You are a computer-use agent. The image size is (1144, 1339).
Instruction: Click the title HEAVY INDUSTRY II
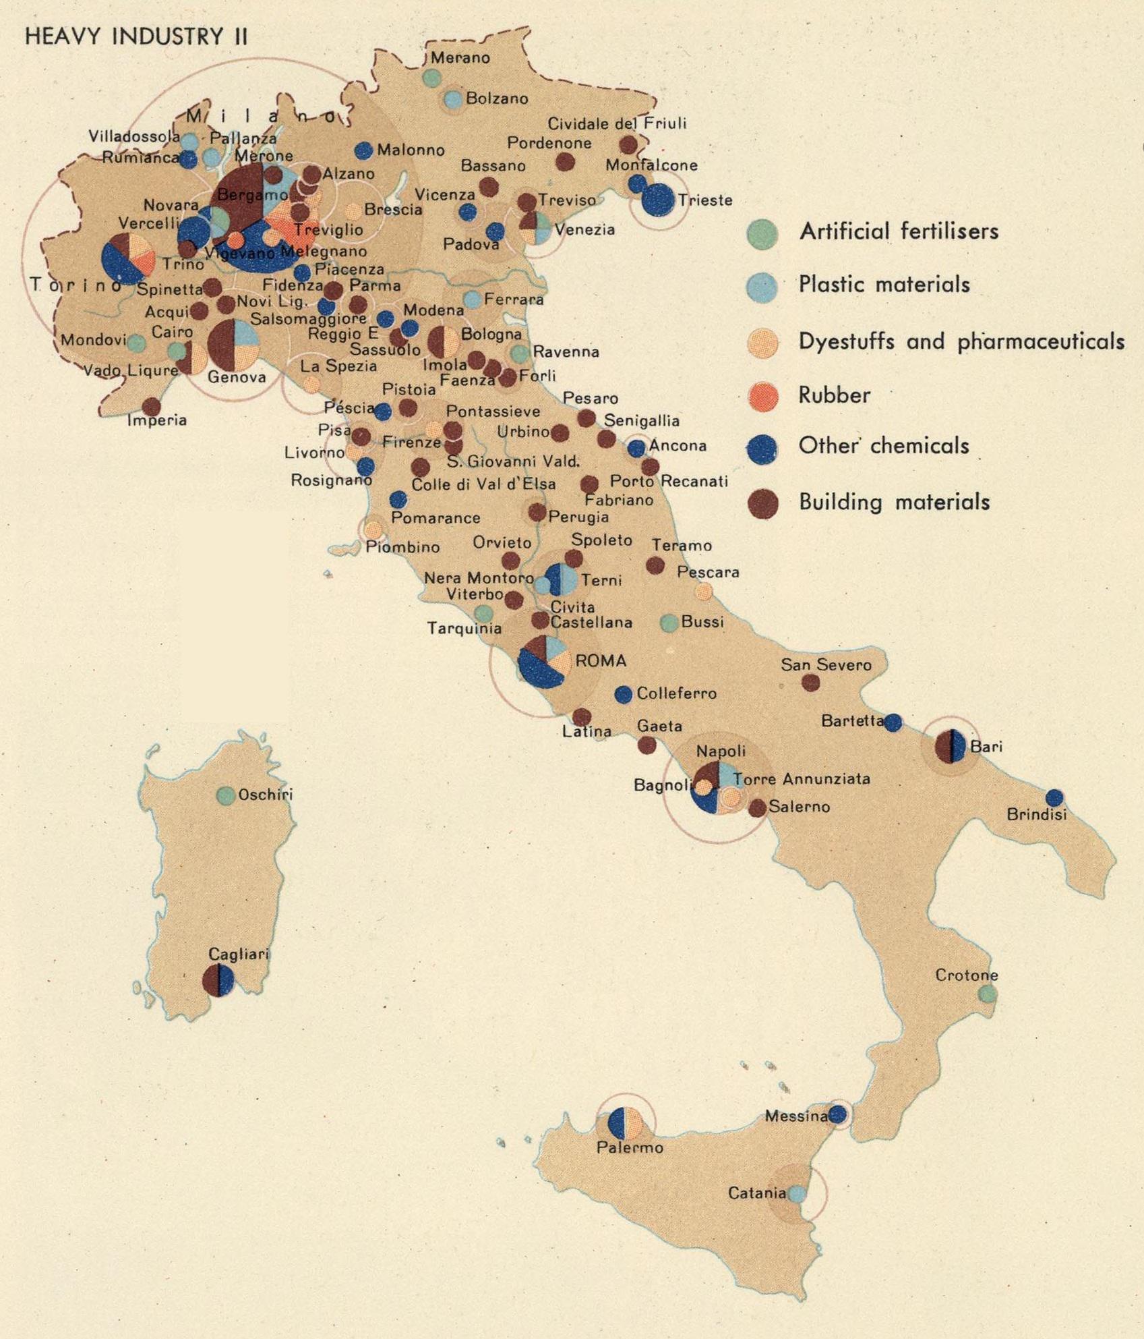136,36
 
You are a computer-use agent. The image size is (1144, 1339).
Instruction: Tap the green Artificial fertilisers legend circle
762,233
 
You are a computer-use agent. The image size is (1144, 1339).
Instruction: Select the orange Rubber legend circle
762,395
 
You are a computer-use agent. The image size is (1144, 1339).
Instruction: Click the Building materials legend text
894,502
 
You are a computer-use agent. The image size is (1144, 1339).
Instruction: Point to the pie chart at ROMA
543,661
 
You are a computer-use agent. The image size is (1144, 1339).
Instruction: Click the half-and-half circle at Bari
951,746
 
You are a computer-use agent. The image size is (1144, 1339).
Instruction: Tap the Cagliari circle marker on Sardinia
218,980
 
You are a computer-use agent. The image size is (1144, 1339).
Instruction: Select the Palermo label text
630,1147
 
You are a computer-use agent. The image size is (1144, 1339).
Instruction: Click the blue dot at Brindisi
1054,798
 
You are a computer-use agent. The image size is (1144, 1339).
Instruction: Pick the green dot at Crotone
988,993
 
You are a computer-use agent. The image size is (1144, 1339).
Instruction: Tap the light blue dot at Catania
797,1193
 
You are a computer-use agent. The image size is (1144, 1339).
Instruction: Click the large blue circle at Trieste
657,200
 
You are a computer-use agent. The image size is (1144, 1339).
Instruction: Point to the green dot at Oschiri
225,795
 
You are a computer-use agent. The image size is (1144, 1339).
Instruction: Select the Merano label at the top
460,58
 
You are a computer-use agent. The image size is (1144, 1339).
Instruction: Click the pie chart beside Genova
233,343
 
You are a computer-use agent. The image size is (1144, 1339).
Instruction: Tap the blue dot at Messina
837,1114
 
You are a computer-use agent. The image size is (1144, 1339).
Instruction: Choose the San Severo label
826,664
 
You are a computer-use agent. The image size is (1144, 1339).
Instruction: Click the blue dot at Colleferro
624,693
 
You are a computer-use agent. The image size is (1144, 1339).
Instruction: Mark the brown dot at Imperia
151,406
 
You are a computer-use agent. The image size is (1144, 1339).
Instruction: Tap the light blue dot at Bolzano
453,100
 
